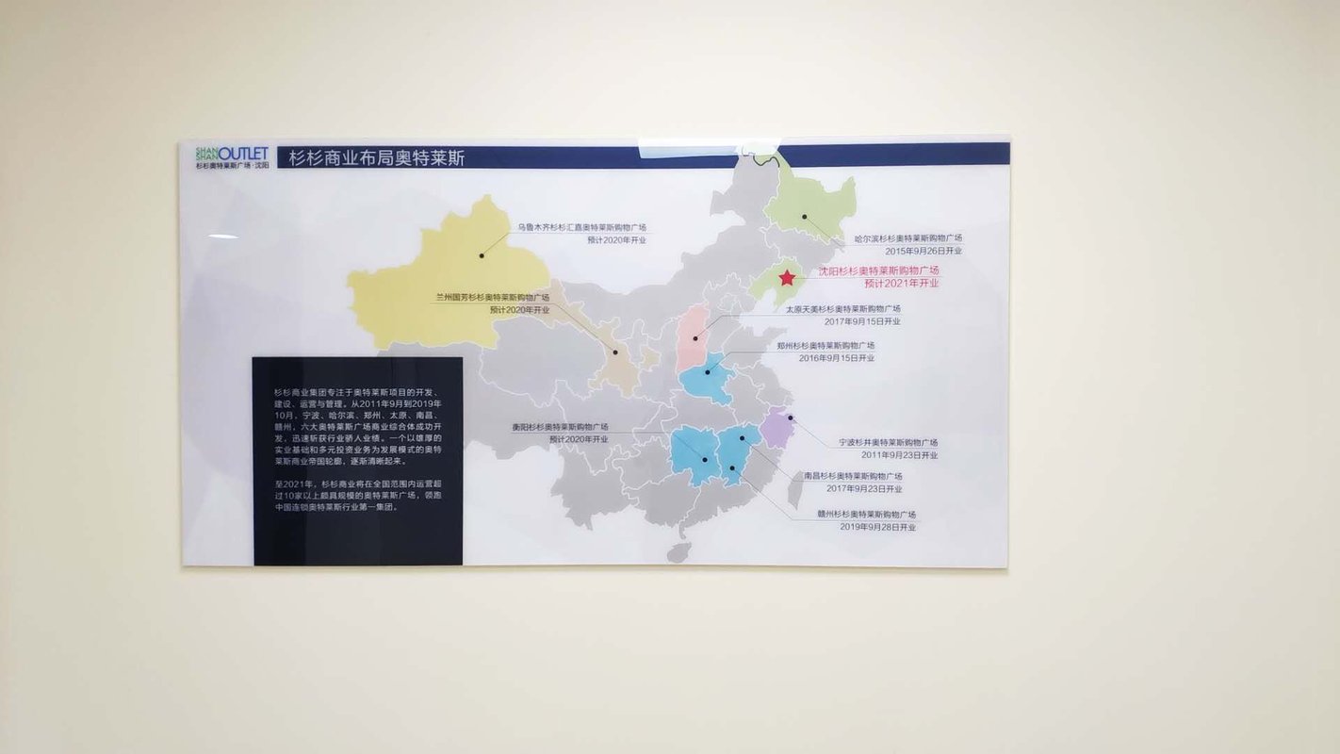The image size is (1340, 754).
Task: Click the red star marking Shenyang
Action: pos(787,278)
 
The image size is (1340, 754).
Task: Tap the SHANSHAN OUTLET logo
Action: pos(232,156)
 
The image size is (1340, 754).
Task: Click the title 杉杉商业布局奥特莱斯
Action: pos(377,157)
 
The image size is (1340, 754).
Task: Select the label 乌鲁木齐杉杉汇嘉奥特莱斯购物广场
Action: pos(580,227)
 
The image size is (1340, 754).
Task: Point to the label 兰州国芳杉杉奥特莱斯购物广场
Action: pos(492,297)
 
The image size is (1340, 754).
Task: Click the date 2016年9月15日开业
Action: pos(837,358)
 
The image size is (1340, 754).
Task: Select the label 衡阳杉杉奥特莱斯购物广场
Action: pos(560,427)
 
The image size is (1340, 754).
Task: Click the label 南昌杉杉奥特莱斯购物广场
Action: pos(853,476)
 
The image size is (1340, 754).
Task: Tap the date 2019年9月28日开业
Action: pos(877,527)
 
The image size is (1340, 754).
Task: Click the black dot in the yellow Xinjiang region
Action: pos(481,255)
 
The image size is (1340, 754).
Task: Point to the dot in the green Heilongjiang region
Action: pos(805,216)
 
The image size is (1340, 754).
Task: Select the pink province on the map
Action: pos(694,336)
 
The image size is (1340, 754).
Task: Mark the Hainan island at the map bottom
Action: pos(678,551)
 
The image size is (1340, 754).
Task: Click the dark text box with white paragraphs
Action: pos(358,460)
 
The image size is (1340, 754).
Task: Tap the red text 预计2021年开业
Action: pos(902,283)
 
